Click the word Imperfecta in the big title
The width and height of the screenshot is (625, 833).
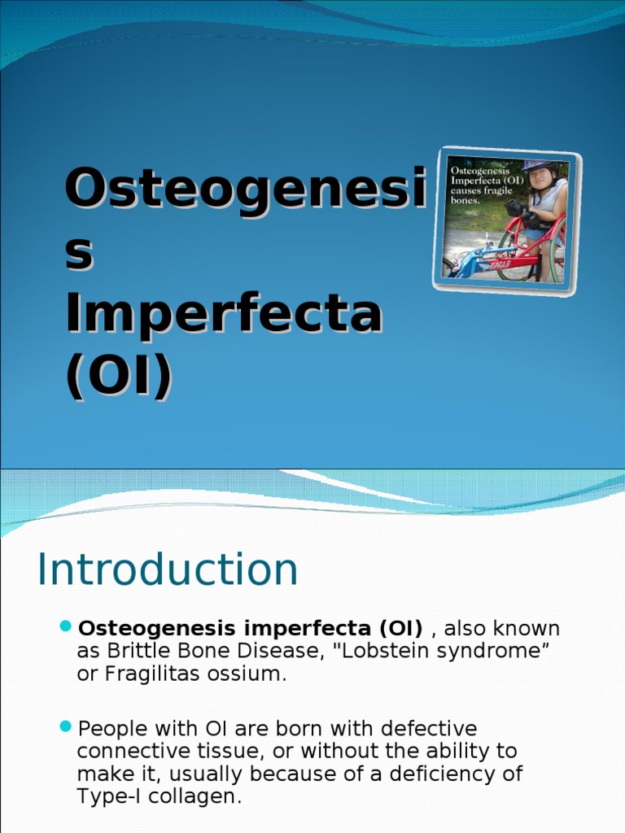pyautogui.click(x=224, y=316)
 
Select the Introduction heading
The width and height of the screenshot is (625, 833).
pyautogui.click(x=168, y=569)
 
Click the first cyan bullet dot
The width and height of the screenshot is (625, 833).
pyautogui.click(x=67, y=626)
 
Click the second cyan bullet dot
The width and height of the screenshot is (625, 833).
pyautogui.click(x=67, y=726)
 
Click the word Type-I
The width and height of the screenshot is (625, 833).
pyautogui.click(x=108, y=796)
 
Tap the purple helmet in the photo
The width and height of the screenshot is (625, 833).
pyautogui.click(x=538, y=166)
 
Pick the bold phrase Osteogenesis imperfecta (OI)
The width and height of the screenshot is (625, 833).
pyautogui.click(x=250, y=629)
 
